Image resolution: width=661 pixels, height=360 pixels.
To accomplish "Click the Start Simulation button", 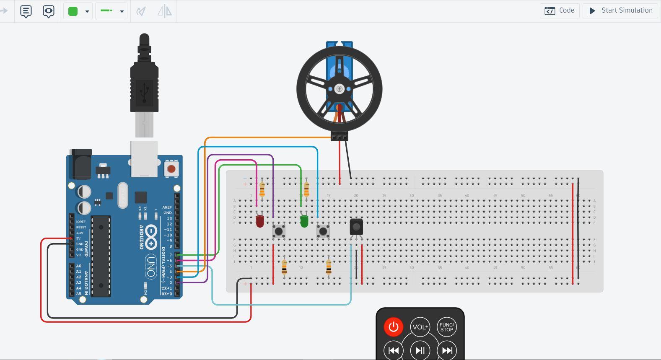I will (x=621, y=10).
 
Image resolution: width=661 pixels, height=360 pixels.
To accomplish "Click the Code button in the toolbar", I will (x=560, y=10).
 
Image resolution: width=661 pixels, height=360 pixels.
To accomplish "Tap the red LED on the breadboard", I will (x=260, y=221).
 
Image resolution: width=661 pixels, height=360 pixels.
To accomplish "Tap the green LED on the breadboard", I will (x=304, y=221).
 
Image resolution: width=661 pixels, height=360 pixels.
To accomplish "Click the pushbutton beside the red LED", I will (x=279, y=231).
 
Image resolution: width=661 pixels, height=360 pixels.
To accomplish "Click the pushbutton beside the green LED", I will (x=323, y=231).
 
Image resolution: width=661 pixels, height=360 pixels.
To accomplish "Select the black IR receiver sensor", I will (x=356, y=227).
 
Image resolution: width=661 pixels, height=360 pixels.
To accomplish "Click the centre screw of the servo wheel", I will (x=340, y=89).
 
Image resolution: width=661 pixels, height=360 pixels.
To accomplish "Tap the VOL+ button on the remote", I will (x=420, y=327).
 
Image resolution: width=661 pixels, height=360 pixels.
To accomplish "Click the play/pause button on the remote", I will (x=420, y=350).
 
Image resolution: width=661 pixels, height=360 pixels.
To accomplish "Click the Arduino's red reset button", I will (x=171, y=169).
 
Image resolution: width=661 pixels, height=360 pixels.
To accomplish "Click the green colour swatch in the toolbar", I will (x=73, y=11).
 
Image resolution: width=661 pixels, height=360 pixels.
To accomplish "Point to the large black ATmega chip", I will (x=101, y=256).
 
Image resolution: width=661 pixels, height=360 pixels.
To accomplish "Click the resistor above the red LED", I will (x=262, y=189).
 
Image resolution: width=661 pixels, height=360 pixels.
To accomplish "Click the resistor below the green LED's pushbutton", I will (x=329, y=267).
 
